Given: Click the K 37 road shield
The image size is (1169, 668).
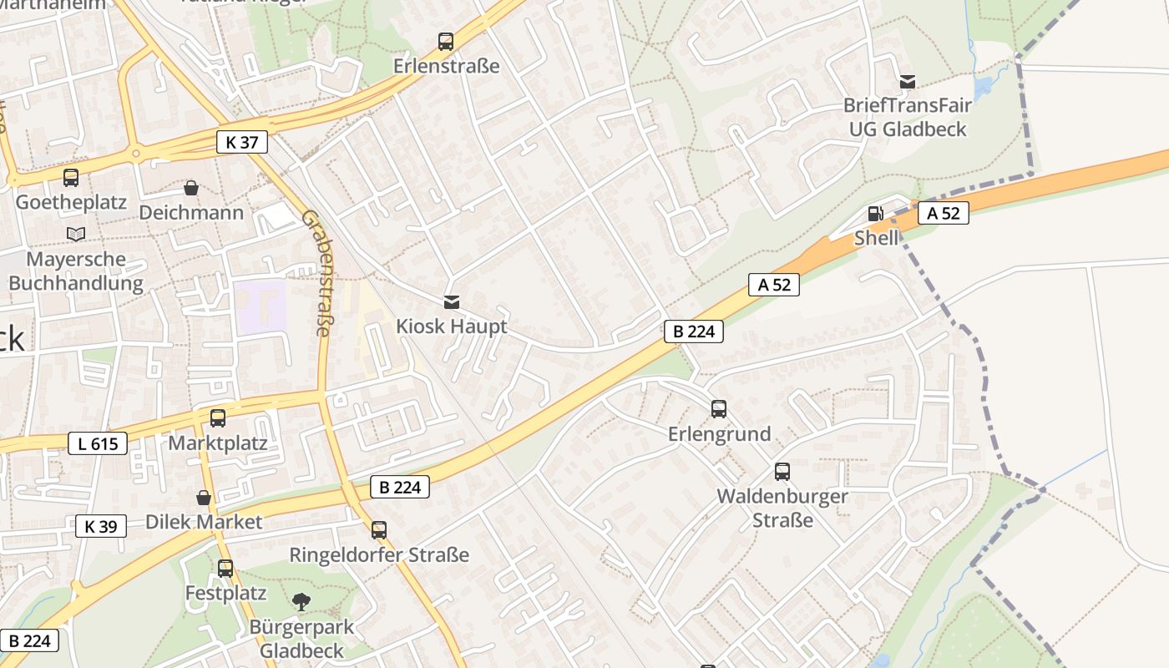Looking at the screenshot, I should tap(242, 142).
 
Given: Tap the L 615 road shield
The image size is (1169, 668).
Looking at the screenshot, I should tap(98, 443).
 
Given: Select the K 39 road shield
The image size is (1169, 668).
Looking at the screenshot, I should tap(101, 526).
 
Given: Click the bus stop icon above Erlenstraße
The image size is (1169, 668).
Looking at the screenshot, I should tap(446, 41).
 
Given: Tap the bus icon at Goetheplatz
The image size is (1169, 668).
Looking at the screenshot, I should tap(71, 177).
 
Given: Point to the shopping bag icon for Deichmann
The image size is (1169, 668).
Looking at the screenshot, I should tap(191, 188).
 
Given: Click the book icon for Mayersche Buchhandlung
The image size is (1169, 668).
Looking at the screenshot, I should tap(76, 234).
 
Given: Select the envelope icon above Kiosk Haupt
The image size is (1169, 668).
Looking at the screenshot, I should tap(452, 301).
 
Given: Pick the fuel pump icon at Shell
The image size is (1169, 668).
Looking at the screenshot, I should tap(875, 214).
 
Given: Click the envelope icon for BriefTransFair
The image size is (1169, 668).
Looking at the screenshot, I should tap(908, 82).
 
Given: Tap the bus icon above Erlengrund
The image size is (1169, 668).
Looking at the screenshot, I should tap(719, 408).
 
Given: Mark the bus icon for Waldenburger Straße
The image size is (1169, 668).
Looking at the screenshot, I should tap(782, 472).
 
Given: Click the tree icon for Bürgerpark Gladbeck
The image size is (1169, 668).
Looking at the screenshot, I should tap(301, 600).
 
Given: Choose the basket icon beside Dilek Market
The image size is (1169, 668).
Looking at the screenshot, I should tap(204, 498).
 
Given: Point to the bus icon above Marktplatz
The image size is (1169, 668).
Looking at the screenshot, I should tap(218, 417).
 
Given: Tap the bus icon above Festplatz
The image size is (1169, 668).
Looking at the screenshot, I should tap(225, 569).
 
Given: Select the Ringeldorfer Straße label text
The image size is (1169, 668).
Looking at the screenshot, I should tap(379, 555).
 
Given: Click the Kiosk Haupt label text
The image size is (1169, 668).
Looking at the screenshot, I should tap(452, 326).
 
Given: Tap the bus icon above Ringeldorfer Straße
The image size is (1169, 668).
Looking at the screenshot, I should tap(379, 529).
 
